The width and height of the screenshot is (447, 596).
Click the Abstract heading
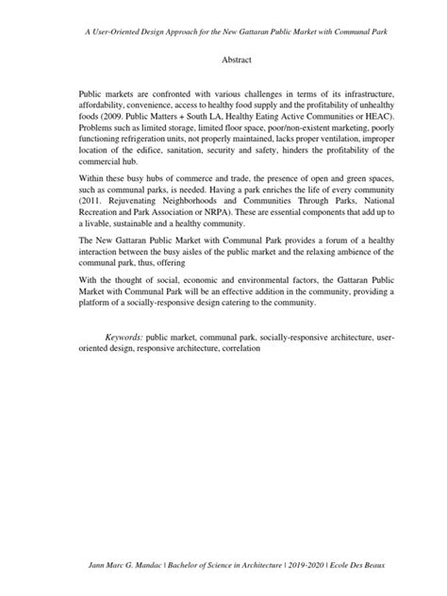[223, 58]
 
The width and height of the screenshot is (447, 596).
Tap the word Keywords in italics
[124, 337]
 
